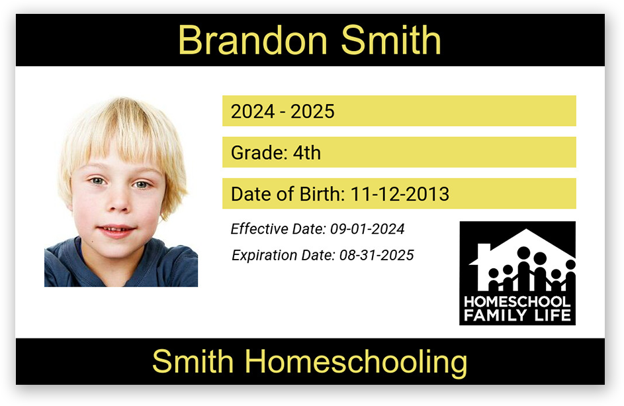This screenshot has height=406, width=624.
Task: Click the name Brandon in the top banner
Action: tap(253, 40)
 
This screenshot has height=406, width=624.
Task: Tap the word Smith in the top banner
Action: tap(391, 40)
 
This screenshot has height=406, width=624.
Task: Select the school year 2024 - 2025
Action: tap(283, 111)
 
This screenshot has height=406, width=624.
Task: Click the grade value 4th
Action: tap(307, 152)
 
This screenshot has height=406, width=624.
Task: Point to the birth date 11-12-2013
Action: tap(400, 194)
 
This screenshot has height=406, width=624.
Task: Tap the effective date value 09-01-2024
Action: tap(367, 228)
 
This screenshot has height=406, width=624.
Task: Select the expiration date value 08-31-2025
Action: tap(377, 255)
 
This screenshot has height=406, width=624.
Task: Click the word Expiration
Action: tap(264, 256)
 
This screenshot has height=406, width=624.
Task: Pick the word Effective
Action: tap(259, 228)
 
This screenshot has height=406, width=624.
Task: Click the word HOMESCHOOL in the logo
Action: tap(517, 301)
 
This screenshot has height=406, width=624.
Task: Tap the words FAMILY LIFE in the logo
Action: tap(517, 315)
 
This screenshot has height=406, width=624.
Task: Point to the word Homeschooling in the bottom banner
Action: tap(356, 362)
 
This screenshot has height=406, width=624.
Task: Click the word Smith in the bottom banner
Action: tap(193, 361)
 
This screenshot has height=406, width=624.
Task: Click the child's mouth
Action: tap(116, 230)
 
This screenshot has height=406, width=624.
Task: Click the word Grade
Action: tap(259, 152)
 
